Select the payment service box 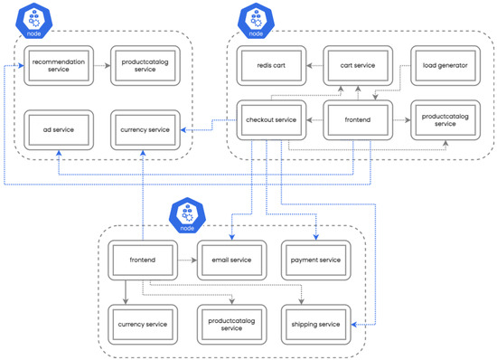click(315, 261)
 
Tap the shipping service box click(315, 323)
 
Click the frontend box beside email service click(143, 261)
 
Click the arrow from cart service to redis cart click(312, 66)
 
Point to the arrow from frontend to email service click(186, 261)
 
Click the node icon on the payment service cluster click(184, 215)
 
